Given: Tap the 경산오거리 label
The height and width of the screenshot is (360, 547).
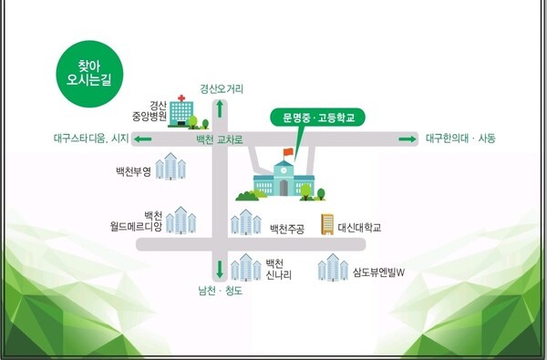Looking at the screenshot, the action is click(x=222, y=89).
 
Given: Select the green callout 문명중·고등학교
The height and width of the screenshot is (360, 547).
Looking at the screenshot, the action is click(x=316, y=118).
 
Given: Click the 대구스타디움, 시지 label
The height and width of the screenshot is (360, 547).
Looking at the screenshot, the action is click(x=91, y=139).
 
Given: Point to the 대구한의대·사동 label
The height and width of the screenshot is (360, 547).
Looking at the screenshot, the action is click(x=460, y=139).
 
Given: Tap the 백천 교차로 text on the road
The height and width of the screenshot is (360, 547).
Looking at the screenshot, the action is click(x=220, y=140).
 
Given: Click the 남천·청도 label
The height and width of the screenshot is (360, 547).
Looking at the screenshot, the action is click(x=220, y=292).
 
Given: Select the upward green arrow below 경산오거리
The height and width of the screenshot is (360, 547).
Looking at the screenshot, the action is click(x=220, y=108).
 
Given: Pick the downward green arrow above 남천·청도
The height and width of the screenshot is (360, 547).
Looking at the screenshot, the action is click(x=220, y=270).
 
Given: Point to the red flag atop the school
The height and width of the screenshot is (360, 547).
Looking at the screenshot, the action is click(x=288, y=151).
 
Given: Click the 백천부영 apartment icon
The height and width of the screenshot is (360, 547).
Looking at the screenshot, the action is click(x=170, y=168).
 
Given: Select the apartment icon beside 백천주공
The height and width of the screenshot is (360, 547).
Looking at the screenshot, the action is click(x=244, y=222).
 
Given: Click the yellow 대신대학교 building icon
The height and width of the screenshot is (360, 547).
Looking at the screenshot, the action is click(x=325, y=224).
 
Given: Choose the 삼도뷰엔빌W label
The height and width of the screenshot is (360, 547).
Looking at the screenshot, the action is click(x=377, y=272).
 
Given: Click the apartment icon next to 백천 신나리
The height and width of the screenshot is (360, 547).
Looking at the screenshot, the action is click(x=245, y=268).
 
